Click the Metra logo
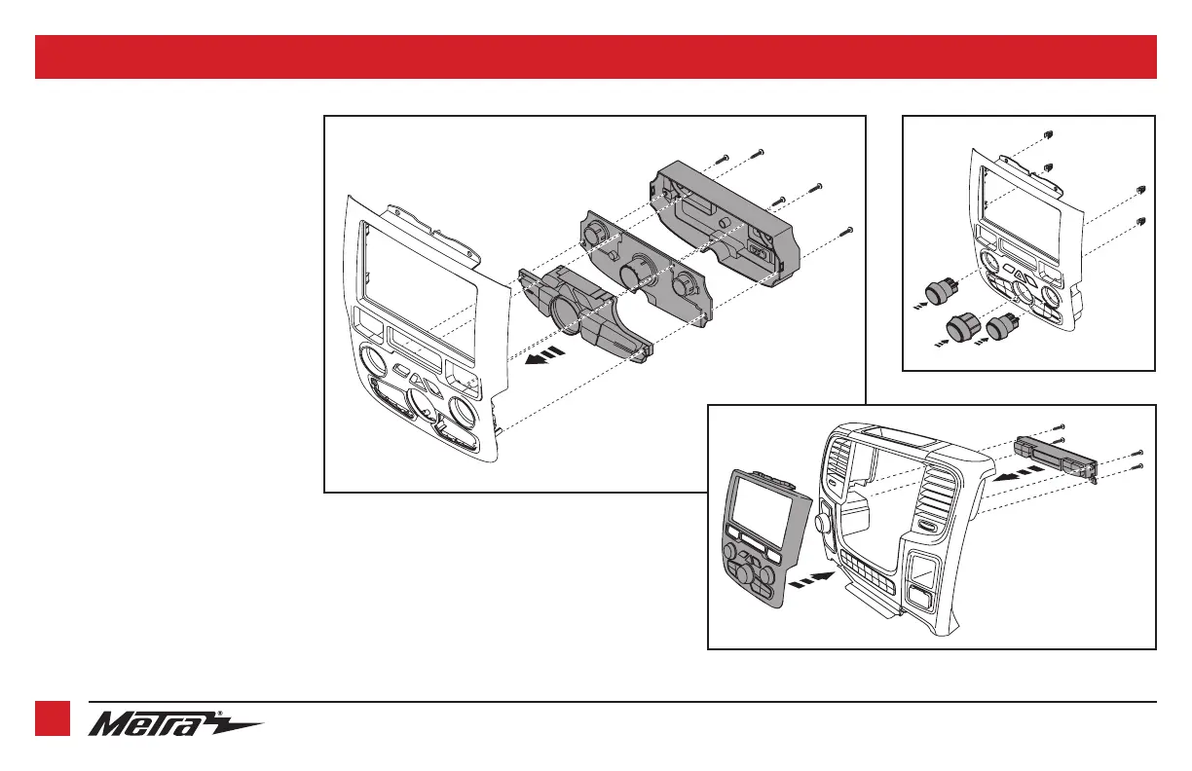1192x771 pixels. click(x=175, y=726)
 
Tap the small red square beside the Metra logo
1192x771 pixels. click(x=53, y=718)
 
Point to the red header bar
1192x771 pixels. click(x=596, y=56)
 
